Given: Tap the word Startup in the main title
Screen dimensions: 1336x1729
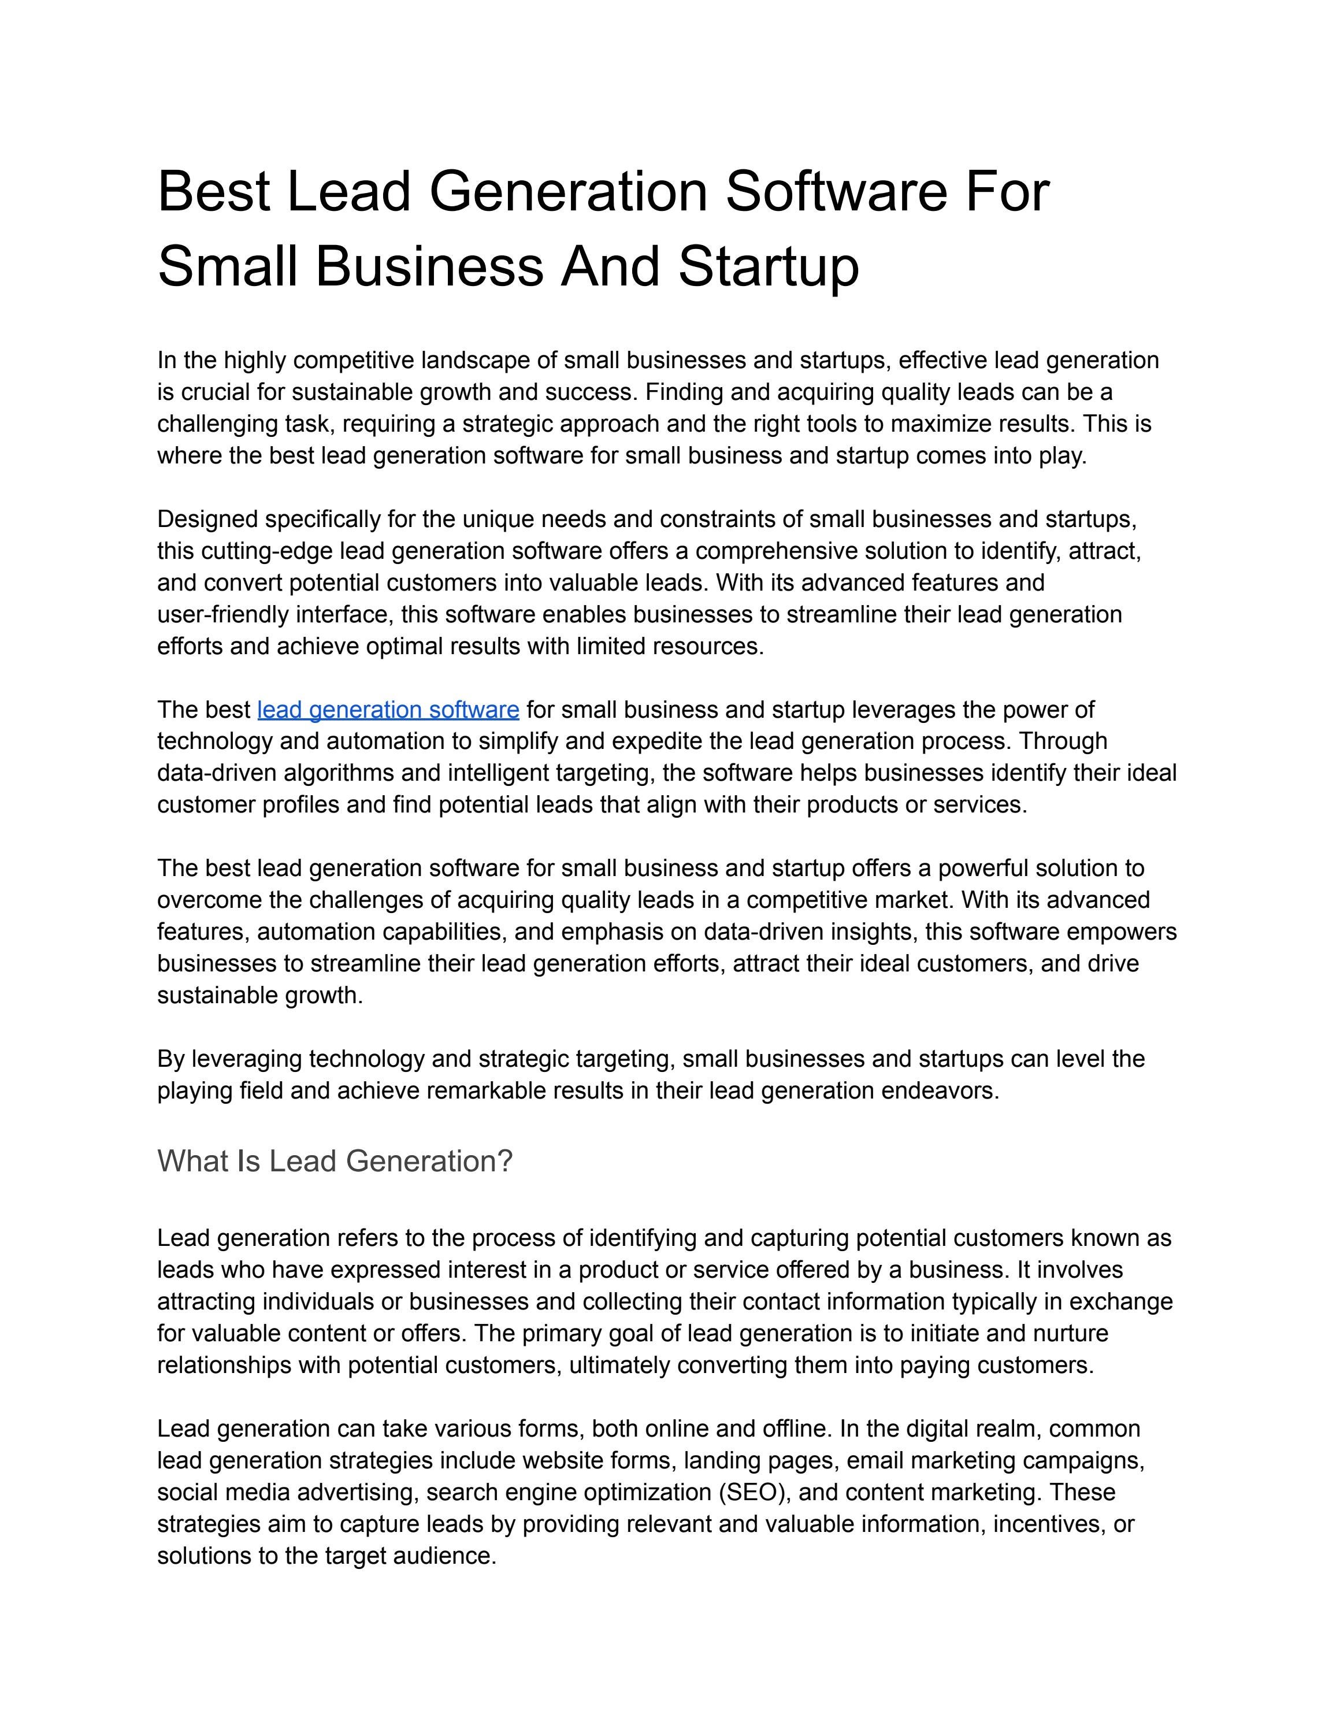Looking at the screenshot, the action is (768, 267).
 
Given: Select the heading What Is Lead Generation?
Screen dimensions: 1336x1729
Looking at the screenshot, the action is (335, 1162).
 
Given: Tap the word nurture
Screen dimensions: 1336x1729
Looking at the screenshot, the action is (1070, 1333).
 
